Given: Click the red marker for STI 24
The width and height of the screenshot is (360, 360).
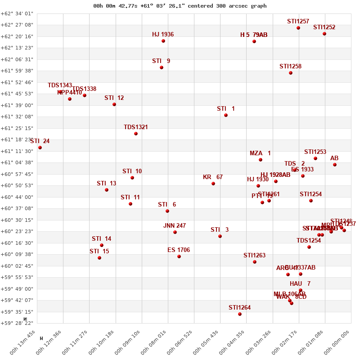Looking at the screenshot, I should point(40,148).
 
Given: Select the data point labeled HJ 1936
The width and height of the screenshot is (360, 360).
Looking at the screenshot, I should point(163,41).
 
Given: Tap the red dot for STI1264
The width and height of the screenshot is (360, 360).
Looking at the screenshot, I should point(240,314).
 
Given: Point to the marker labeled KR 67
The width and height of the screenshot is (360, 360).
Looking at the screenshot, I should point(213,184).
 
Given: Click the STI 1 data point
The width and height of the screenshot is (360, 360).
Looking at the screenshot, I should point(226,115).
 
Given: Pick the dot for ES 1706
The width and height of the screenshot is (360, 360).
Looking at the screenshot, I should point(179,256).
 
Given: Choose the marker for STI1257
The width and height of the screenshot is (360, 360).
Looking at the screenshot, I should point(298,28).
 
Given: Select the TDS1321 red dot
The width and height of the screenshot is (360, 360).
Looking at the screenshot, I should point(136,134).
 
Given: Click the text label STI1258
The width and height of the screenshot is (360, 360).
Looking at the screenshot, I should point(290,67).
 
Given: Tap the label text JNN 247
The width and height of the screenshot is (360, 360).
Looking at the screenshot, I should point(175,226).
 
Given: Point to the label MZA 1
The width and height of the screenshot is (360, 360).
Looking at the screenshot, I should point(260,153).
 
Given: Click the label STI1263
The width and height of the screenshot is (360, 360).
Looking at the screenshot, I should point(255,256).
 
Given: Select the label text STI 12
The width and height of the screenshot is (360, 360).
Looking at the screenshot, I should point(114,98).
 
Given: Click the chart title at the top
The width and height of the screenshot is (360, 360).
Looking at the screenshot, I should point(180,6).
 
